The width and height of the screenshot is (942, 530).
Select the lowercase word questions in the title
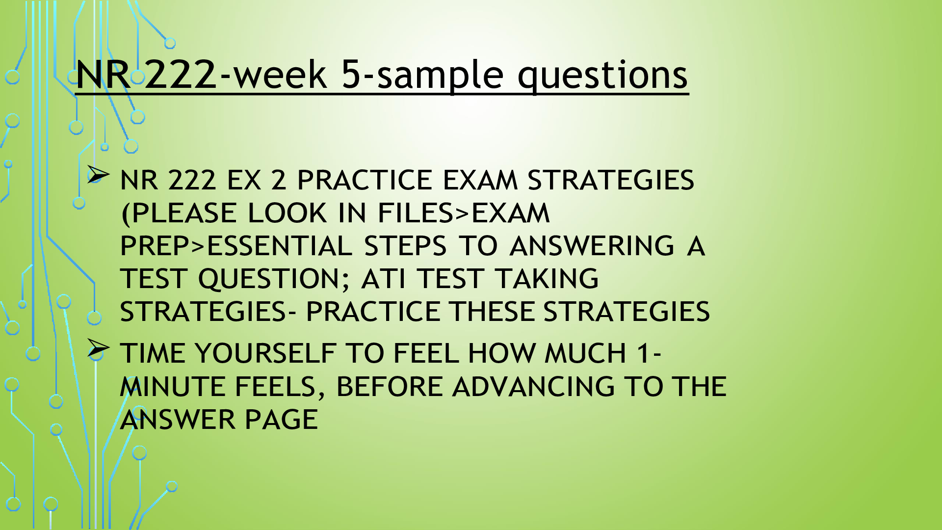pyautogui.click(x=603, y=76)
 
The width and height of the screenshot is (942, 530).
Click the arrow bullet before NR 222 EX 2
pyautogui.click(x=99, y=175)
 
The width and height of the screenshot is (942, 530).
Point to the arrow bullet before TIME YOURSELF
pyautogui.click(x=99, y=348)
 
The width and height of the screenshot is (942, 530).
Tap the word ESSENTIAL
pyautogui.click(x=279, y=246)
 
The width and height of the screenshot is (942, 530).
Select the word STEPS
pyautogui.click(x=405, y=246)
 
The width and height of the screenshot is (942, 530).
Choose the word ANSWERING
pyautogui.click(x=592, y=246)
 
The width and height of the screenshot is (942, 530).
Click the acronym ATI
pyautogui.click(x=383, y=279)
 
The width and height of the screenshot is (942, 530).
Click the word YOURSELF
pyautogui.click(x=265, y=353)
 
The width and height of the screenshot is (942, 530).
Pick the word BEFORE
pyautogui.click(x=390, y=387)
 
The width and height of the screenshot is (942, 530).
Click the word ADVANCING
pyautogui.click(x=533, y=387)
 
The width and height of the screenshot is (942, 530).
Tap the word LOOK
pyautogui.click(x=287, y=213)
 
